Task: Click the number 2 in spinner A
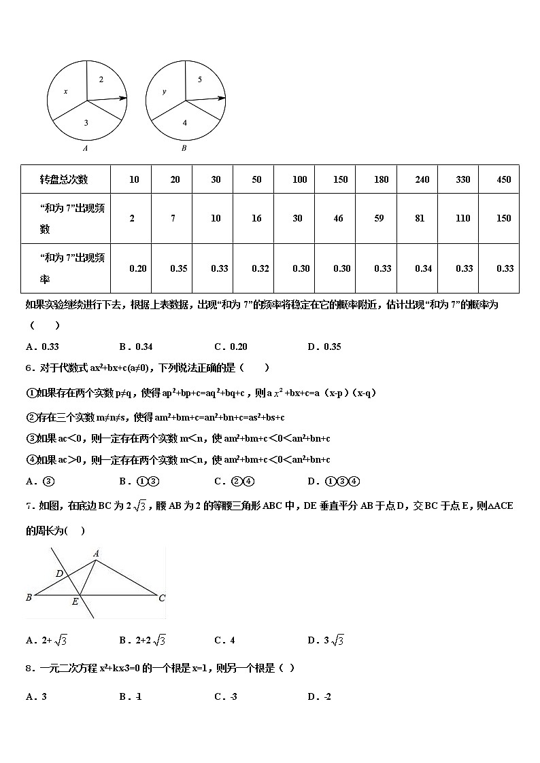point(101,79)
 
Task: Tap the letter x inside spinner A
point(66,91)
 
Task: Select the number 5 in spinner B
point(199,79)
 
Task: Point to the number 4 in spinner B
point(184,123)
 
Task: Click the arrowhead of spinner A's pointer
point(124,98)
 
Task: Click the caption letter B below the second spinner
point(184,148)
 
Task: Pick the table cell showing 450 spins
point(504,179)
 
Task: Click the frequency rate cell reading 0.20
point(137,268)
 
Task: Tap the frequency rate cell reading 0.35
point(178,268)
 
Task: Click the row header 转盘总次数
point(64,179)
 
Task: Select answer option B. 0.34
point(135,347)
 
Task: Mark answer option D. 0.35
point(324,347)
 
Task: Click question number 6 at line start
point(29,368)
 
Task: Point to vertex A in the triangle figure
point(97,554)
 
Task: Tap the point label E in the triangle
point(75,601)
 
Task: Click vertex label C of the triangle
point(162,598)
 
